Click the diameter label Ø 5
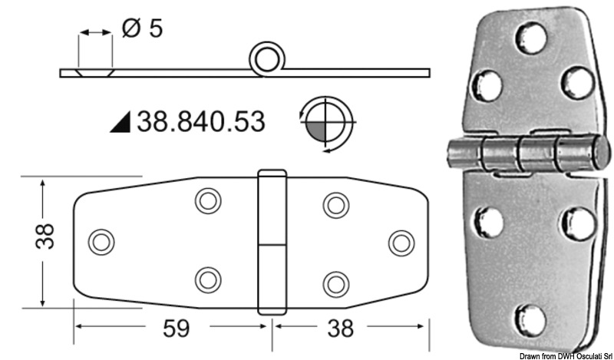143,29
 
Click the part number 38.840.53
200,121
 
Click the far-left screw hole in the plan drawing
100,242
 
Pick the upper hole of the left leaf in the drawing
206,202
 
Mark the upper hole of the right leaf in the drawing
335,203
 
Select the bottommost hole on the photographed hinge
530,317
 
